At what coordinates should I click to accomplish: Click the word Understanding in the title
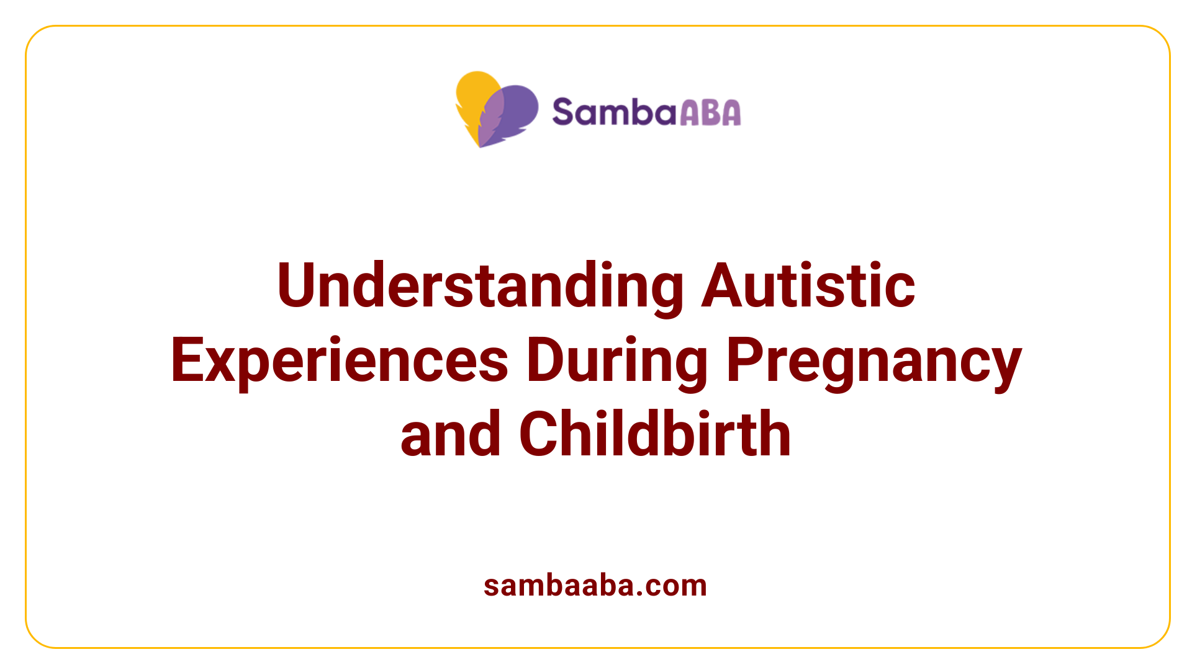[x=480, y=286]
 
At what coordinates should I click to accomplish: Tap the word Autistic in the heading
[x=808, y=286]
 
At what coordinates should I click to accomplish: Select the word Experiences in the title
[x=340, y=360]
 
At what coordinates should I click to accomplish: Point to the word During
[x=617, y=360]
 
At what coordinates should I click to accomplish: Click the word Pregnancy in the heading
[x=874, y=360]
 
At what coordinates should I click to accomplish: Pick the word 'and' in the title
[x=450, y=434]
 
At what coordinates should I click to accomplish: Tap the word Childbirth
[x=655, y=434]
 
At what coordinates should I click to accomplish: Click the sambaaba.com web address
[x=595, y=585]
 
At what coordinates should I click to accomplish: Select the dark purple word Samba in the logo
[x=613, y=112]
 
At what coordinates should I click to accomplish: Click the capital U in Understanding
[x=296, y=286]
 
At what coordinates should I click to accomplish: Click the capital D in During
[x=545, y=360]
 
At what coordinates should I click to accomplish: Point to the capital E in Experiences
[x=186, y=360]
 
